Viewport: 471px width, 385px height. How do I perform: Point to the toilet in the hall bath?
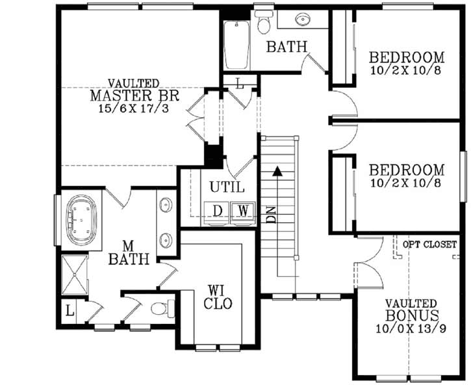point(263,22)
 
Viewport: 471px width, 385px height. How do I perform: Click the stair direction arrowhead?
point(277,172)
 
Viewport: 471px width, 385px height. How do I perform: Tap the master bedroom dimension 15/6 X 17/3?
point(136,108)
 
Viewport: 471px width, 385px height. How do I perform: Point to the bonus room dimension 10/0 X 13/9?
point(409,328)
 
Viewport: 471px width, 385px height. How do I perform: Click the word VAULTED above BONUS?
point(409,304)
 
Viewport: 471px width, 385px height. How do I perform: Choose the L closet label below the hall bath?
point(240,84)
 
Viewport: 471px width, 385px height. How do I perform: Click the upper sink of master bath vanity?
point(167,202)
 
